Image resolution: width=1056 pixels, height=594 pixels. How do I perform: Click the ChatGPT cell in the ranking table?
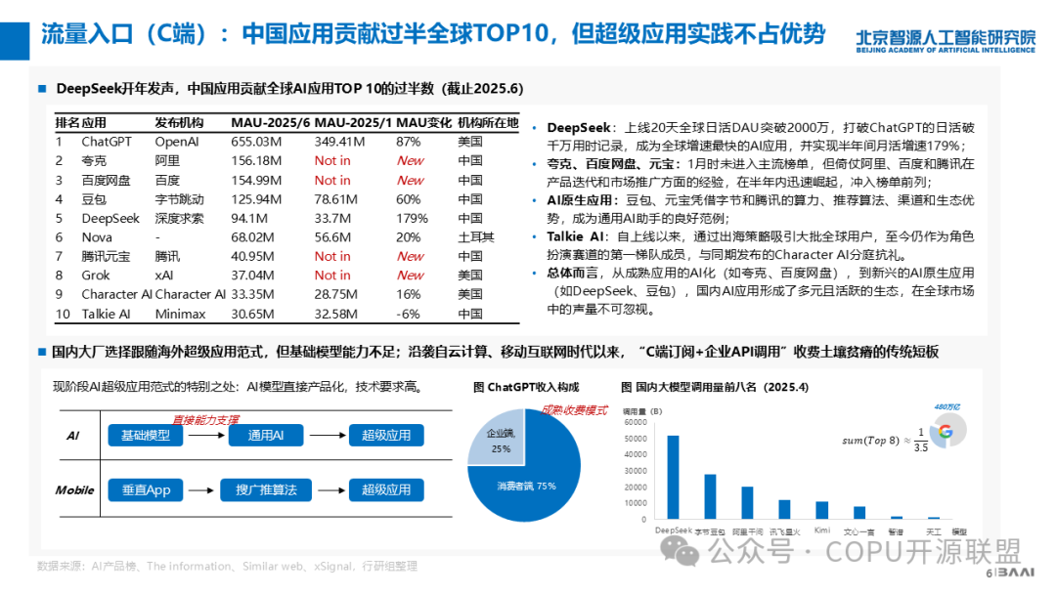click(x=106, y=142)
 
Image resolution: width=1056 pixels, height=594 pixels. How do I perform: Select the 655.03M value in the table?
click(x=257, y=142)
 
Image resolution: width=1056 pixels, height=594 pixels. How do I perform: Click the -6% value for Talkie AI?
click(x=408, y=314)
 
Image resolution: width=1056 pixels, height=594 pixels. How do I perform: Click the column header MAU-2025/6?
click(x=270, y=122)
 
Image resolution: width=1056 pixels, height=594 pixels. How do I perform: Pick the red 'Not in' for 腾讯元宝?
click(x=332, y=256)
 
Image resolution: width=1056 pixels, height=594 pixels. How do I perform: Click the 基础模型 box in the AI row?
click(x=146, y=436)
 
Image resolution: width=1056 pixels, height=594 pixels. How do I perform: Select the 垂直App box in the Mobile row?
click(x=146, y=489)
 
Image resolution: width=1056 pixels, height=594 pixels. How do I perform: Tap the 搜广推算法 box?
click(x=266, y=489)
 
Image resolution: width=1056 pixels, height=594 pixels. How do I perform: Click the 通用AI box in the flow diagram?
click(x=266, y=436)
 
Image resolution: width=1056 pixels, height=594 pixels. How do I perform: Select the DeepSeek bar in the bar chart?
click(x=673, y=477)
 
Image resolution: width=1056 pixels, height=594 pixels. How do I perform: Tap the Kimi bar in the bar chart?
click(x=822, y=509)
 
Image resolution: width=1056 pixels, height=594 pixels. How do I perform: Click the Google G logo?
click(x=944, y=432)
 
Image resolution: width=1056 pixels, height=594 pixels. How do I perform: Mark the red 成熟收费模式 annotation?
click(x=575, y=410)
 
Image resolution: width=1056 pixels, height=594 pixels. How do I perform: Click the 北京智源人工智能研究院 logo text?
click(x=945, y=37)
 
